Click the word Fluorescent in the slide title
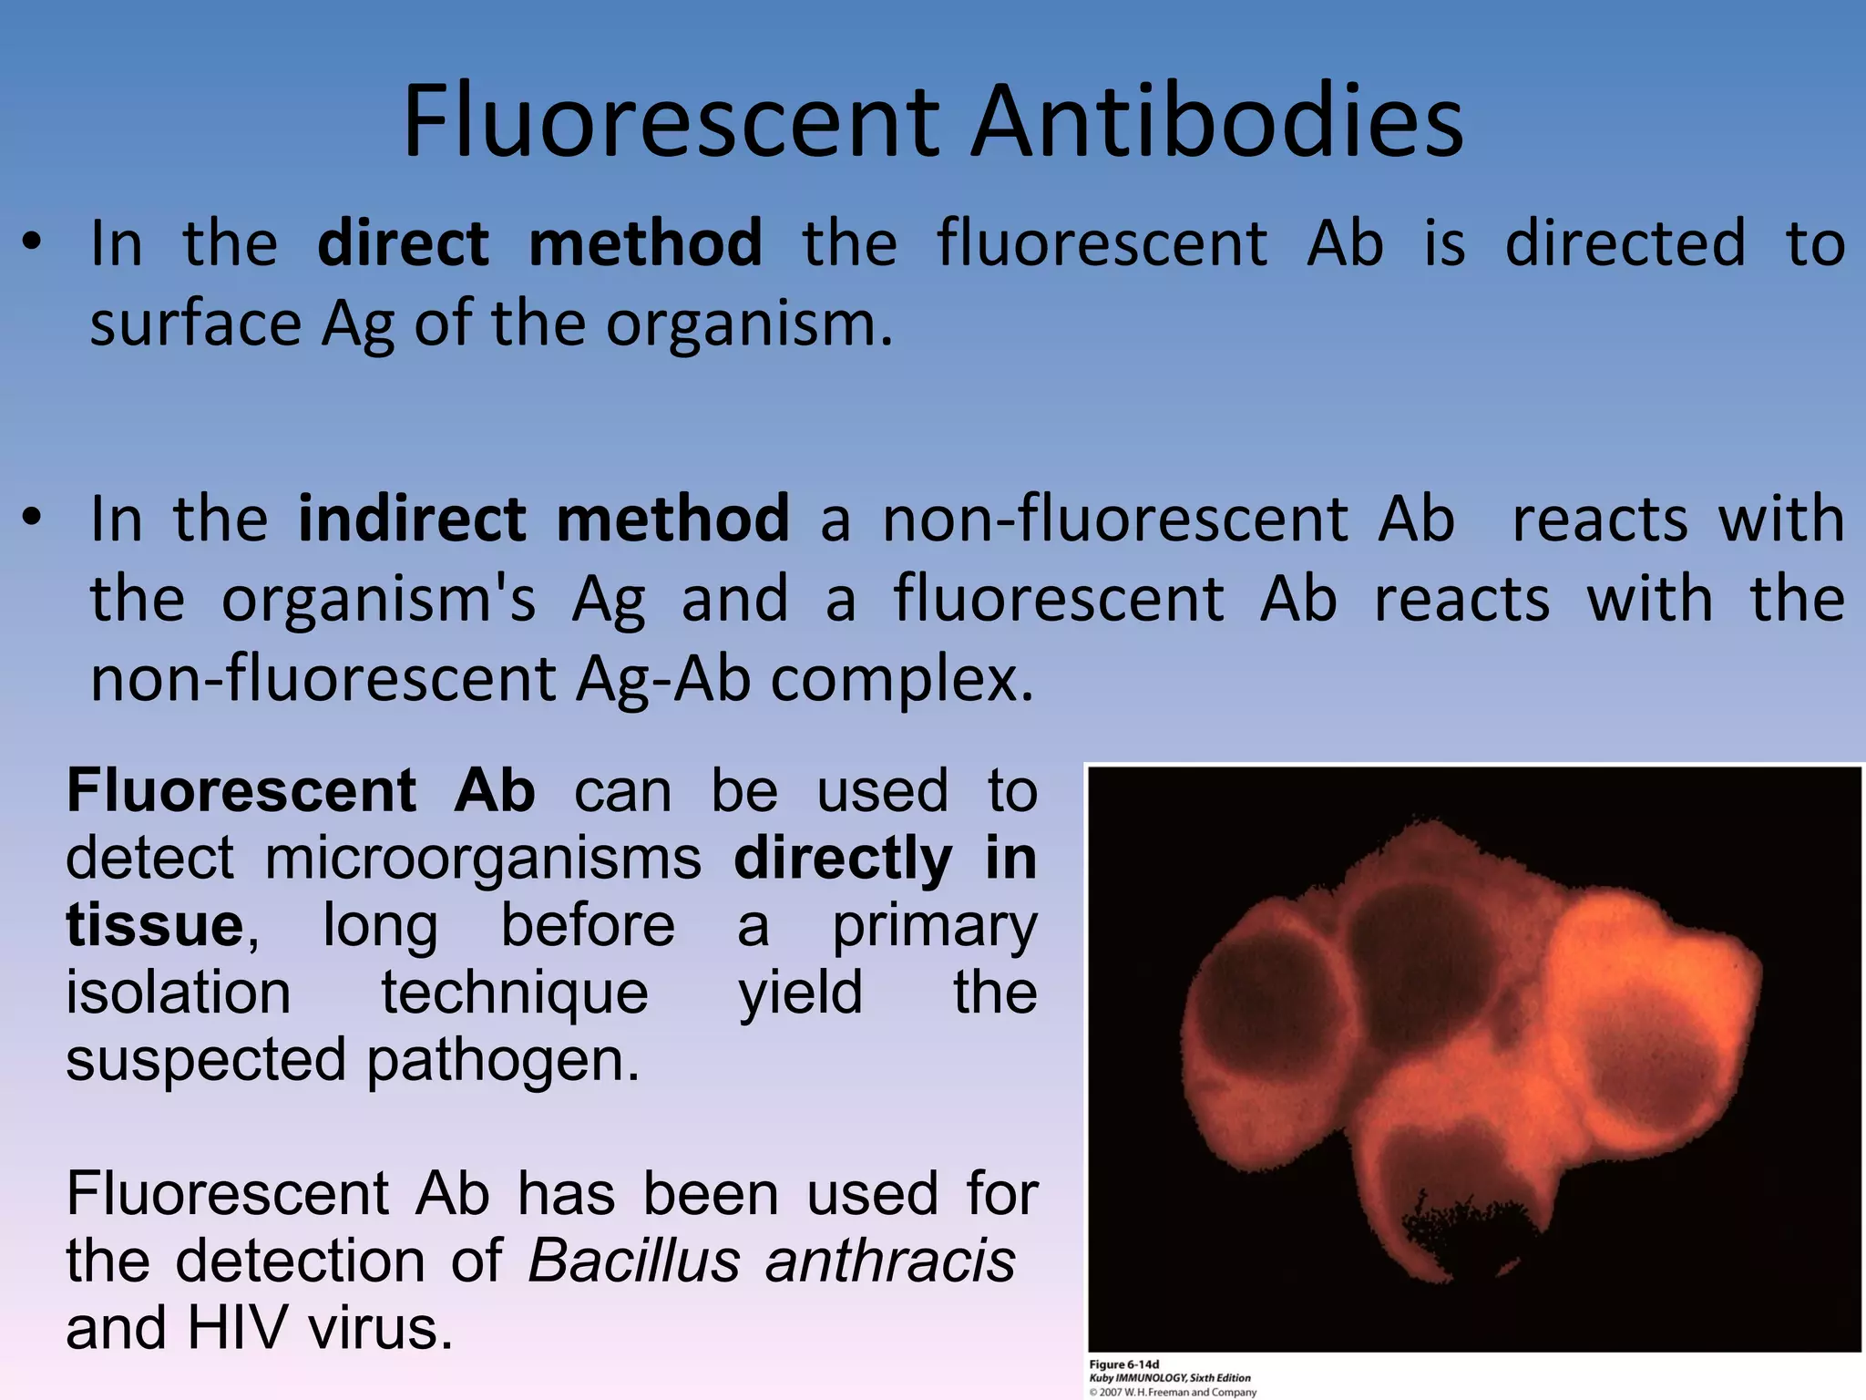[x=672, y=121]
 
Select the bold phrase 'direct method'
[x=539, y=243]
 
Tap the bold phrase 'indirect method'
[x=543, y=519]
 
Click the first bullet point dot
[x=33, y=244]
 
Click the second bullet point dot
[x=33, y=520]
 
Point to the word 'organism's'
[x=378, y=600]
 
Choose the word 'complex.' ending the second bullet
[x=902, y=680]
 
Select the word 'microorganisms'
[x=483, y=858]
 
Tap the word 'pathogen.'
[x=504, y=1059]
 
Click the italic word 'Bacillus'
[x=633, y=1261]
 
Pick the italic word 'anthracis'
[x=890, y=1261]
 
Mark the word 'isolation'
[x=179, y=993]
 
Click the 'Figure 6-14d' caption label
[x=1124, y=1364]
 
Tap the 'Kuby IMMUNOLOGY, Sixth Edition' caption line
[x=1170, y=1378]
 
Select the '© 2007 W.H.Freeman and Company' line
[x=1173, y=1392]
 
